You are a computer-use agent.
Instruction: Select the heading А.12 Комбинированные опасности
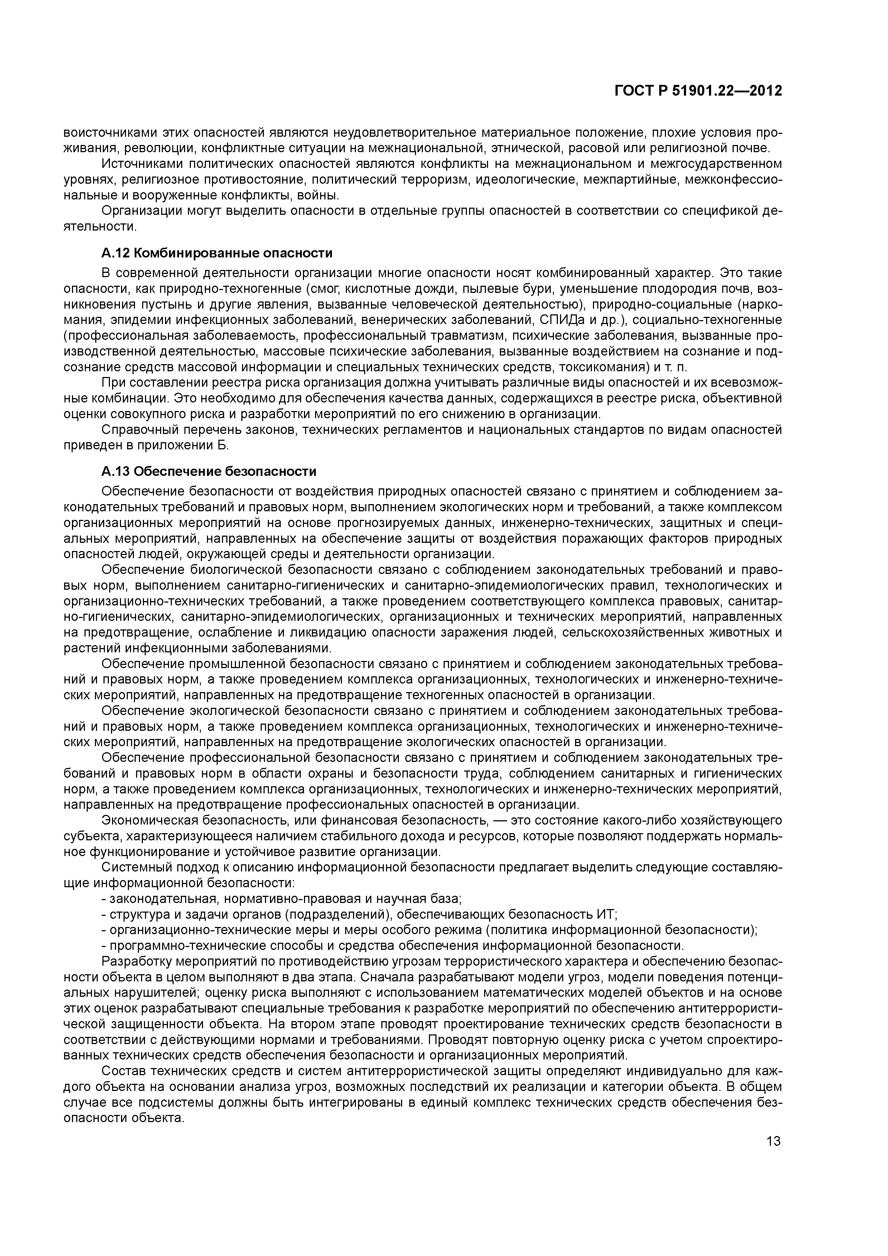point(217,253)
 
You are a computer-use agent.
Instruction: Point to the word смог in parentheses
point(325,288)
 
